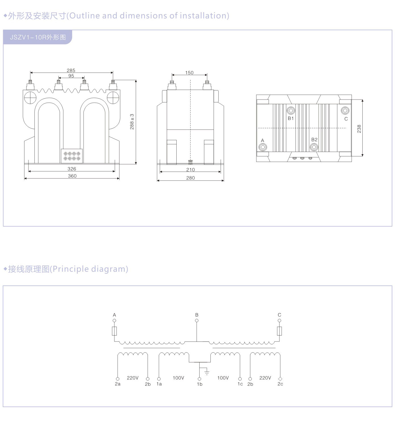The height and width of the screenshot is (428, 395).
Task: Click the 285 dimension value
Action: point(71,70)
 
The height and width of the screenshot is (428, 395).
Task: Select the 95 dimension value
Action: point(71,76)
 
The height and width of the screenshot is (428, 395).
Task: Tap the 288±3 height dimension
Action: point(132,122)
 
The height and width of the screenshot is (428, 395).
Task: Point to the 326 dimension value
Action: point(72,169)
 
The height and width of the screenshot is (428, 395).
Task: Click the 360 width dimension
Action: point(72,176)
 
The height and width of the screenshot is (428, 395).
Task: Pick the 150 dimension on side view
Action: point(189,73)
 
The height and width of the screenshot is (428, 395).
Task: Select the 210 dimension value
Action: point(191,170)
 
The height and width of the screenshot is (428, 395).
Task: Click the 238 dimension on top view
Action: point(359,128)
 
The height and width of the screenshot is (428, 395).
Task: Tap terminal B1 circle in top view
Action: point(291,111)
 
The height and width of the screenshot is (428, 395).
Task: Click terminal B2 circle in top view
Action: point(314,147)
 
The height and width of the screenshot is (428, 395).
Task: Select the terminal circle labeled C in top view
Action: point(345,110)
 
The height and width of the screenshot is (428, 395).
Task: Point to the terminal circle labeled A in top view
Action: point(263,147)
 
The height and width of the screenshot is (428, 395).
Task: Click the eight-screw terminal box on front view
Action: point(72,156)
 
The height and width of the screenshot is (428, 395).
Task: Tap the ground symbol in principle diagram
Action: point(207,372)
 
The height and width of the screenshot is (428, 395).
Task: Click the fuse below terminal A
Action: point(114,331)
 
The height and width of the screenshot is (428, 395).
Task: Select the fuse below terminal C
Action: point(279,331)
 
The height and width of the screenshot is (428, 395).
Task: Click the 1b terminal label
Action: point(200,384)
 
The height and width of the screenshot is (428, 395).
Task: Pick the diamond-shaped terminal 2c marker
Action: point(280,379)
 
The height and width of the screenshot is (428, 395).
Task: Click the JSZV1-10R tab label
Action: point(38,37)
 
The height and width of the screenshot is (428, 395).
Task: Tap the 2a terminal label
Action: point(118,384)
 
